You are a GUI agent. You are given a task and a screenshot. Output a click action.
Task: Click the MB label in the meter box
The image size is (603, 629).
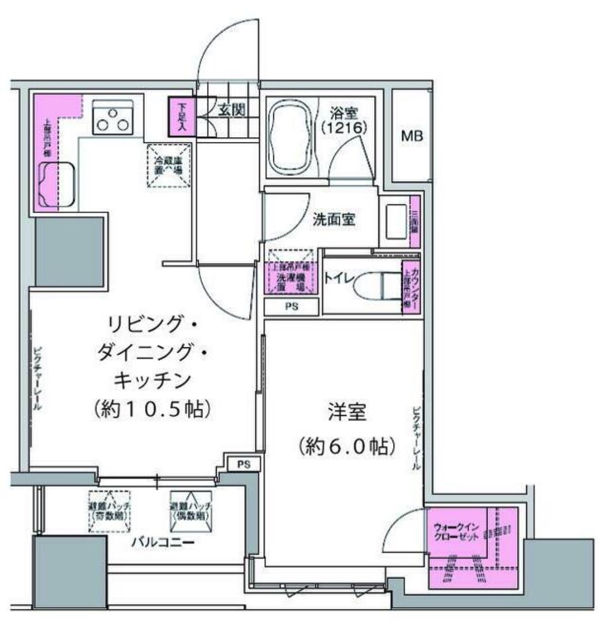[412, 136]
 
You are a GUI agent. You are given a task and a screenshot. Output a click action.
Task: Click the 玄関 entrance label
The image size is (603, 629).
[232, 111]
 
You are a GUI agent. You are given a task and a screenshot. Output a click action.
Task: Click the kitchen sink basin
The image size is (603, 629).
[58, 185]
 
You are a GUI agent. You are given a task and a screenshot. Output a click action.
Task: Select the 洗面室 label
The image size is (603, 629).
[333, 220]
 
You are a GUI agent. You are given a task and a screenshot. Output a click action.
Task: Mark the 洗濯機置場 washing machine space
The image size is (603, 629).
[292, 277]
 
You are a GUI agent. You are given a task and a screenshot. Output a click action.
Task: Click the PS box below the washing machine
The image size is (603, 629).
[292, 307]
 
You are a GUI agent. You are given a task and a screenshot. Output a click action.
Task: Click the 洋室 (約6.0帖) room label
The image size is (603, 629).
[347, 429]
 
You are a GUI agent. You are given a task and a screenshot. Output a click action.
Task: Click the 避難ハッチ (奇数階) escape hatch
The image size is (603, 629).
[110, 510]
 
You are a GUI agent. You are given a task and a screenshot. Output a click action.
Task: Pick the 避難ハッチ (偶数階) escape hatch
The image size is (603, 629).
[191, 510]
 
